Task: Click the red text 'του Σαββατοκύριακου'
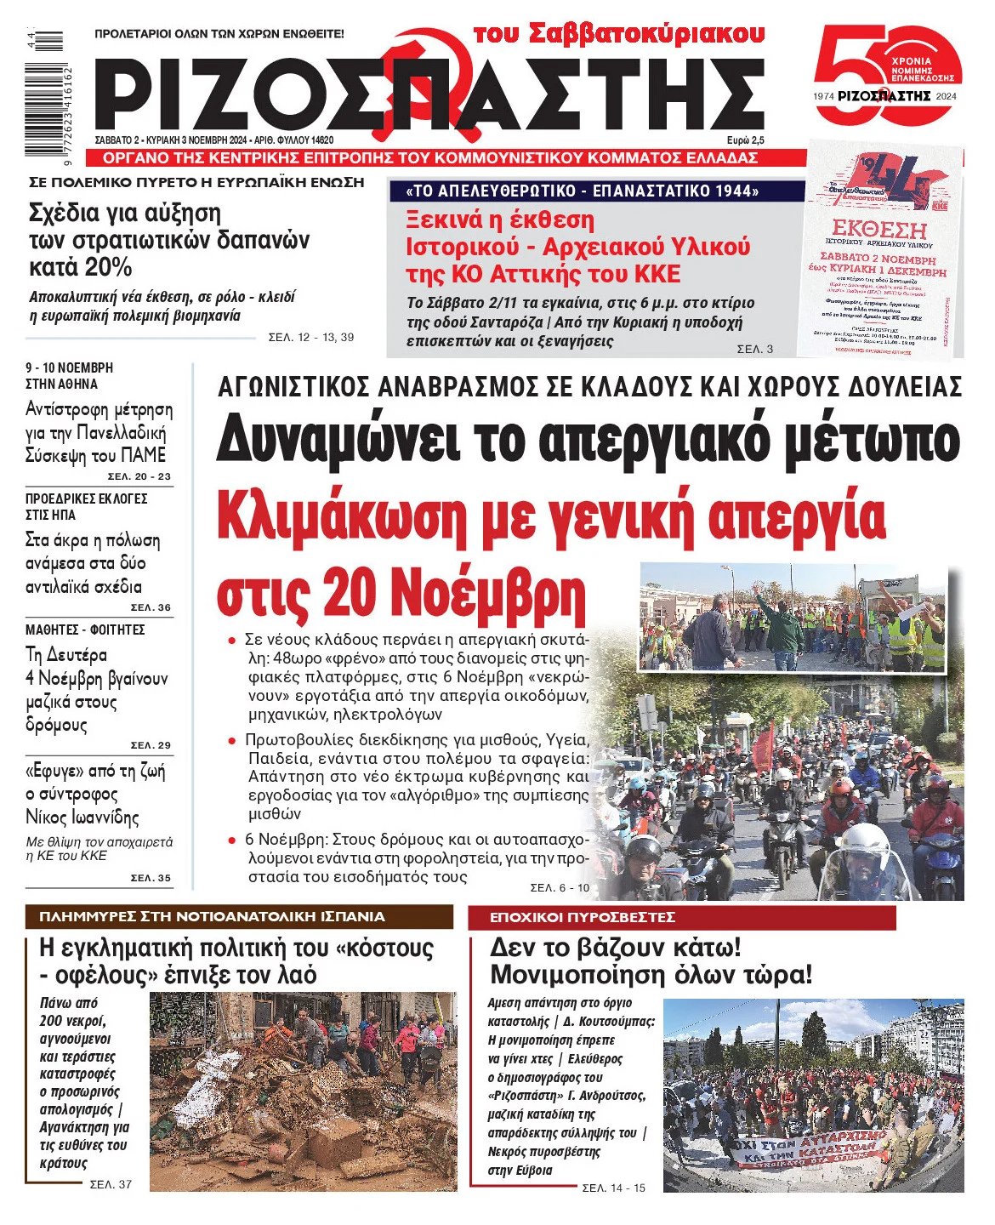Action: click(619, 34)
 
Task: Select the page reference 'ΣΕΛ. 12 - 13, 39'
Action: click(310, 338)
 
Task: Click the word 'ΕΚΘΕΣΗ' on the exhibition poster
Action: click(879, 229)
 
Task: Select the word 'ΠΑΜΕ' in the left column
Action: click(143, 455)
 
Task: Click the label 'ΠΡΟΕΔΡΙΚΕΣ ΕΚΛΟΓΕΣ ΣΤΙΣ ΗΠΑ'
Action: click(86, 506)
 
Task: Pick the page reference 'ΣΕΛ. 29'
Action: click(151, 745)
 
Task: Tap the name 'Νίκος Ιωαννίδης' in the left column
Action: click(82, 818)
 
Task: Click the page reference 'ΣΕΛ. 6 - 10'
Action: click(559, 888)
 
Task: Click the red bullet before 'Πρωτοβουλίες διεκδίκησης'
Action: click(231, 740)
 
